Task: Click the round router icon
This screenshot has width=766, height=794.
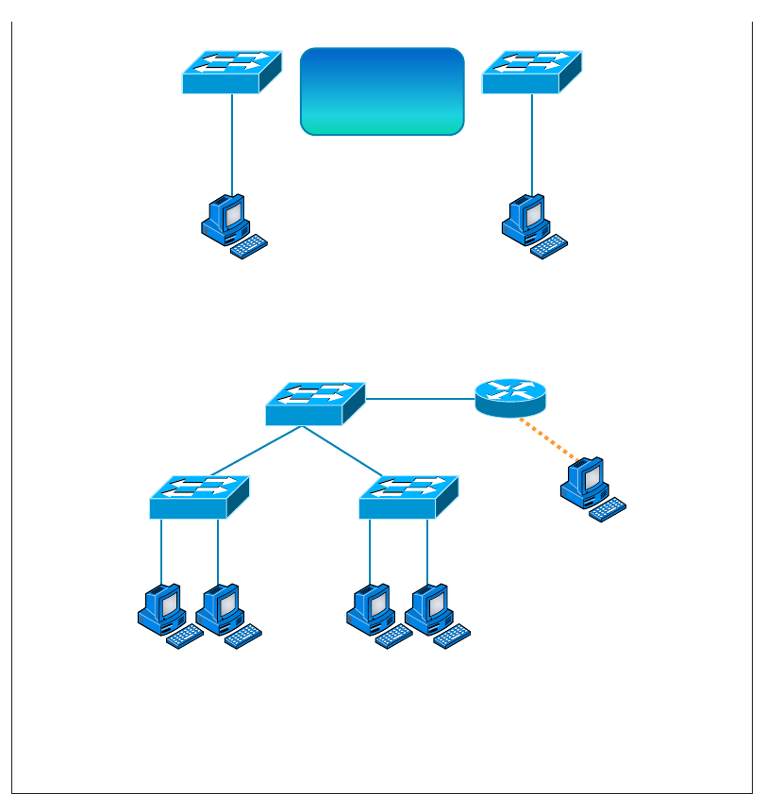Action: click(510, 397)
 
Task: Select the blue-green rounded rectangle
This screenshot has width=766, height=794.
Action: click(382, 91)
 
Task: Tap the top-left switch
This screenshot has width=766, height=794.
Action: click(232, 72)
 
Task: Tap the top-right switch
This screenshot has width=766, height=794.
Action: click(532, 72)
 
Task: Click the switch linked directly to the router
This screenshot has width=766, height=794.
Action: click(315, 404)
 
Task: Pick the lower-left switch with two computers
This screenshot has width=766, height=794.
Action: click(199, 497)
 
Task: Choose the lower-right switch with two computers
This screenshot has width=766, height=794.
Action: click(408, 497)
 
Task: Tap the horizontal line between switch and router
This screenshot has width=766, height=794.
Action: click(420, 399)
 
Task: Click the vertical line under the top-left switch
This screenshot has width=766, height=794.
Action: click(232, 141)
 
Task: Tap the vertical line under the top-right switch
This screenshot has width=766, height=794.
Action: click(532, 141)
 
